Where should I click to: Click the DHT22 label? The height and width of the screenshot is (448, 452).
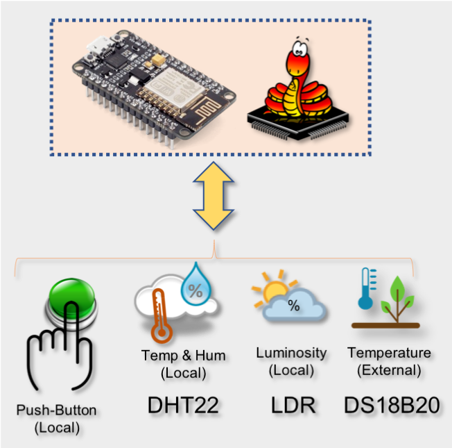coord(183,405)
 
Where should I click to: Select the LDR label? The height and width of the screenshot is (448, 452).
coord(292,405)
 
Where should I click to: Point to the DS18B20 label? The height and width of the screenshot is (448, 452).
coord(392,405)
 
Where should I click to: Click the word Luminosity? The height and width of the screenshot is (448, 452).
coord(291,353)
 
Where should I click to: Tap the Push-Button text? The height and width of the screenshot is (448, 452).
coord(57,410)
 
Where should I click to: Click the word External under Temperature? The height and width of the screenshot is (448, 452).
coord(389,370)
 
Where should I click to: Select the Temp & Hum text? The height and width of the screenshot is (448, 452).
coord(183,356)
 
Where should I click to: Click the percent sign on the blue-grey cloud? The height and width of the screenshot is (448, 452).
coord(294,306)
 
